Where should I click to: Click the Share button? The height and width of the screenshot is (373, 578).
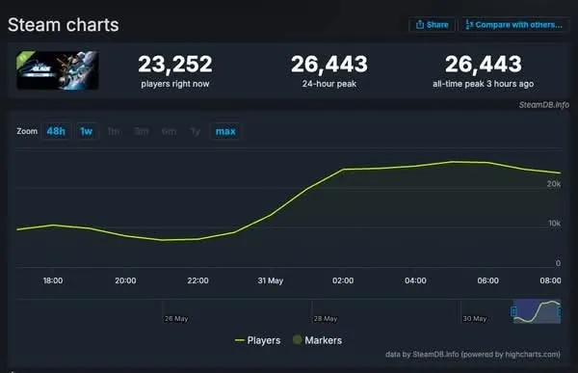(432, 24)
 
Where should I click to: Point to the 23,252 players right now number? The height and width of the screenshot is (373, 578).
(175, 65)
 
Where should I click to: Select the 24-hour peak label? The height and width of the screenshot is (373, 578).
(328, 84)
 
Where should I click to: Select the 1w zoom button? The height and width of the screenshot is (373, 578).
(86, 130)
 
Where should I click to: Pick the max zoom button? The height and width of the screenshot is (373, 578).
(225, 130)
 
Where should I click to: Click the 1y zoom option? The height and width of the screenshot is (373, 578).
(196, 130)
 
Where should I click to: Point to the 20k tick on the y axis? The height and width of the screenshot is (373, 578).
(554, 183)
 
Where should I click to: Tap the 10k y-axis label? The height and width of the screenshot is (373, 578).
(554, 224)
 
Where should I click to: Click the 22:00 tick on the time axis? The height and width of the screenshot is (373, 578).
(197, 280)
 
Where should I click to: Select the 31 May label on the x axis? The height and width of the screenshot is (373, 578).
(270, 280)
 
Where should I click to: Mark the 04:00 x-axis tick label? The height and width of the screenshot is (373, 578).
(415, 280)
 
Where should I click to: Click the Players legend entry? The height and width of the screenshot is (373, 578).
(258, 340)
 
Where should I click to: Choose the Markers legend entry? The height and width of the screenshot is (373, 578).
(318, 340)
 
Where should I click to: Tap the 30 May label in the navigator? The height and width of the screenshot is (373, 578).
(473, 318)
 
